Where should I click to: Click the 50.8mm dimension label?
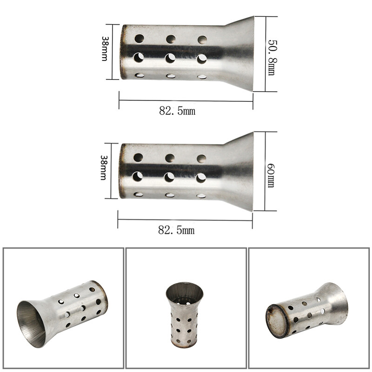click(x=271, y=55)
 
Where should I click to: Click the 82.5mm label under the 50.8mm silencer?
click(x=177, y=111)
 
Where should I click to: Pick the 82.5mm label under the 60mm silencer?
click(x=176, y=230)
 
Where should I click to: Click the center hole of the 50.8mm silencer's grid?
click(x=170, y=58)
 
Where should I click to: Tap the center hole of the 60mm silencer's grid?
click(x=169, y=177)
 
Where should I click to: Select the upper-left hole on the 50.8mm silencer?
click(x=139, y=38)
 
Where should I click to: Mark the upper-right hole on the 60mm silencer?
click(x=201, y=159)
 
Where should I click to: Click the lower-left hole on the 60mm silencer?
click(x=138, y=194)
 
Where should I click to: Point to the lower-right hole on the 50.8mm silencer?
click(x=202, y=76)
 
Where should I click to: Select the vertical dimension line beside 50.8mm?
click(x=266, y=53)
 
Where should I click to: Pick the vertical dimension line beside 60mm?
click(x=265, y=171)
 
